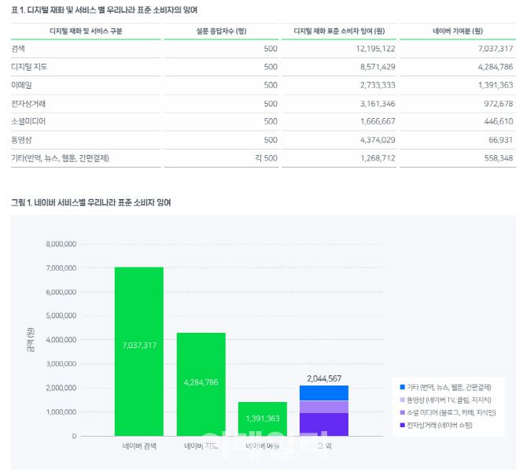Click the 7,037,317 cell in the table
(491, 49)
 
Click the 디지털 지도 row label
(31, 67)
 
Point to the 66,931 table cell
(496, 139)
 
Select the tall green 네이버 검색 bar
(138, 351)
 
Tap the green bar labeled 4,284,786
(201, 384)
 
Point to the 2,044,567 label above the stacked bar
(323, 378)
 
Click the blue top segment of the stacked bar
(323, 393)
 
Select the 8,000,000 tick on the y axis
(61, 244)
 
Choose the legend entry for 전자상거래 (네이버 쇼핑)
(444, 425)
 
